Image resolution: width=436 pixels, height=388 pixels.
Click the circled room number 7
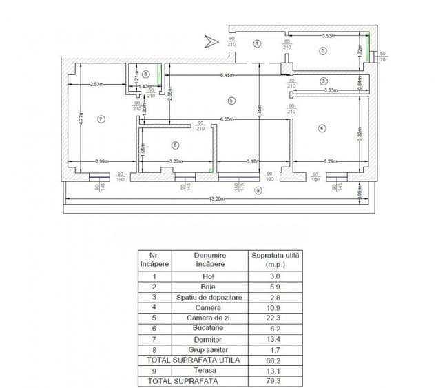click(101, 119)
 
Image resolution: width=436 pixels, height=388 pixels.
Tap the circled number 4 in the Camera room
click(322, 127)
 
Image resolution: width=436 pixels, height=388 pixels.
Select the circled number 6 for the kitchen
click(175, 145)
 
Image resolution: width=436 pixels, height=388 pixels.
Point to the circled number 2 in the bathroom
click(322, 50)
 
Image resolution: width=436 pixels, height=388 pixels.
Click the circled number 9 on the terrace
click(258, 190)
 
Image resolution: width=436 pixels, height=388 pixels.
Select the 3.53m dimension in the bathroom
click(333, 35)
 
